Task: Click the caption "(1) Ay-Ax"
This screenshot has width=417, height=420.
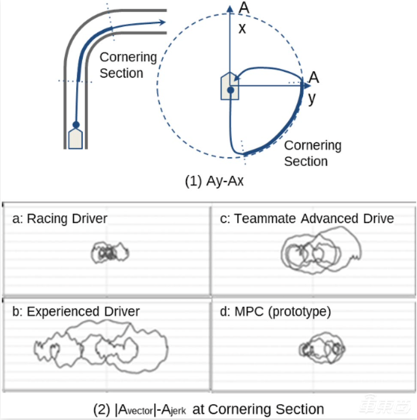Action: click(214, 181)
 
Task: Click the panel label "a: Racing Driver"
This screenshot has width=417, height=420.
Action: click(59, 218)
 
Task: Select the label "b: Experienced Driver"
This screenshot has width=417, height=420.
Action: click(76, 311)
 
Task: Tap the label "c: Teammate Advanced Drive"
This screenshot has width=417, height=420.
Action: click(307, 218)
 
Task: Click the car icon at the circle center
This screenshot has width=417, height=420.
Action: click(230, 87)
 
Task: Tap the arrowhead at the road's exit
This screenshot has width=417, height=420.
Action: click(161, 22)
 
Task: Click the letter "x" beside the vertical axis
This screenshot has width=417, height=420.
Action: click(242, 28)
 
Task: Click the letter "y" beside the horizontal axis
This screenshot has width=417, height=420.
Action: click(313, 98)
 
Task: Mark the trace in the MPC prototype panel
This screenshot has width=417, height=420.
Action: click(322, 349)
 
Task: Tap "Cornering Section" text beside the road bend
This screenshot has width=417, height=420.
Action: click(128, 65)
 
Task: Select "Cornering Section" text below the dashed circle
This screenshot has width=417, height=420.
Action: click(313, 153)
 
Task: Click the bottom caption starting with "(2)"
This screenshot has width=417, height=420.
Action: click(208, 409)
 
